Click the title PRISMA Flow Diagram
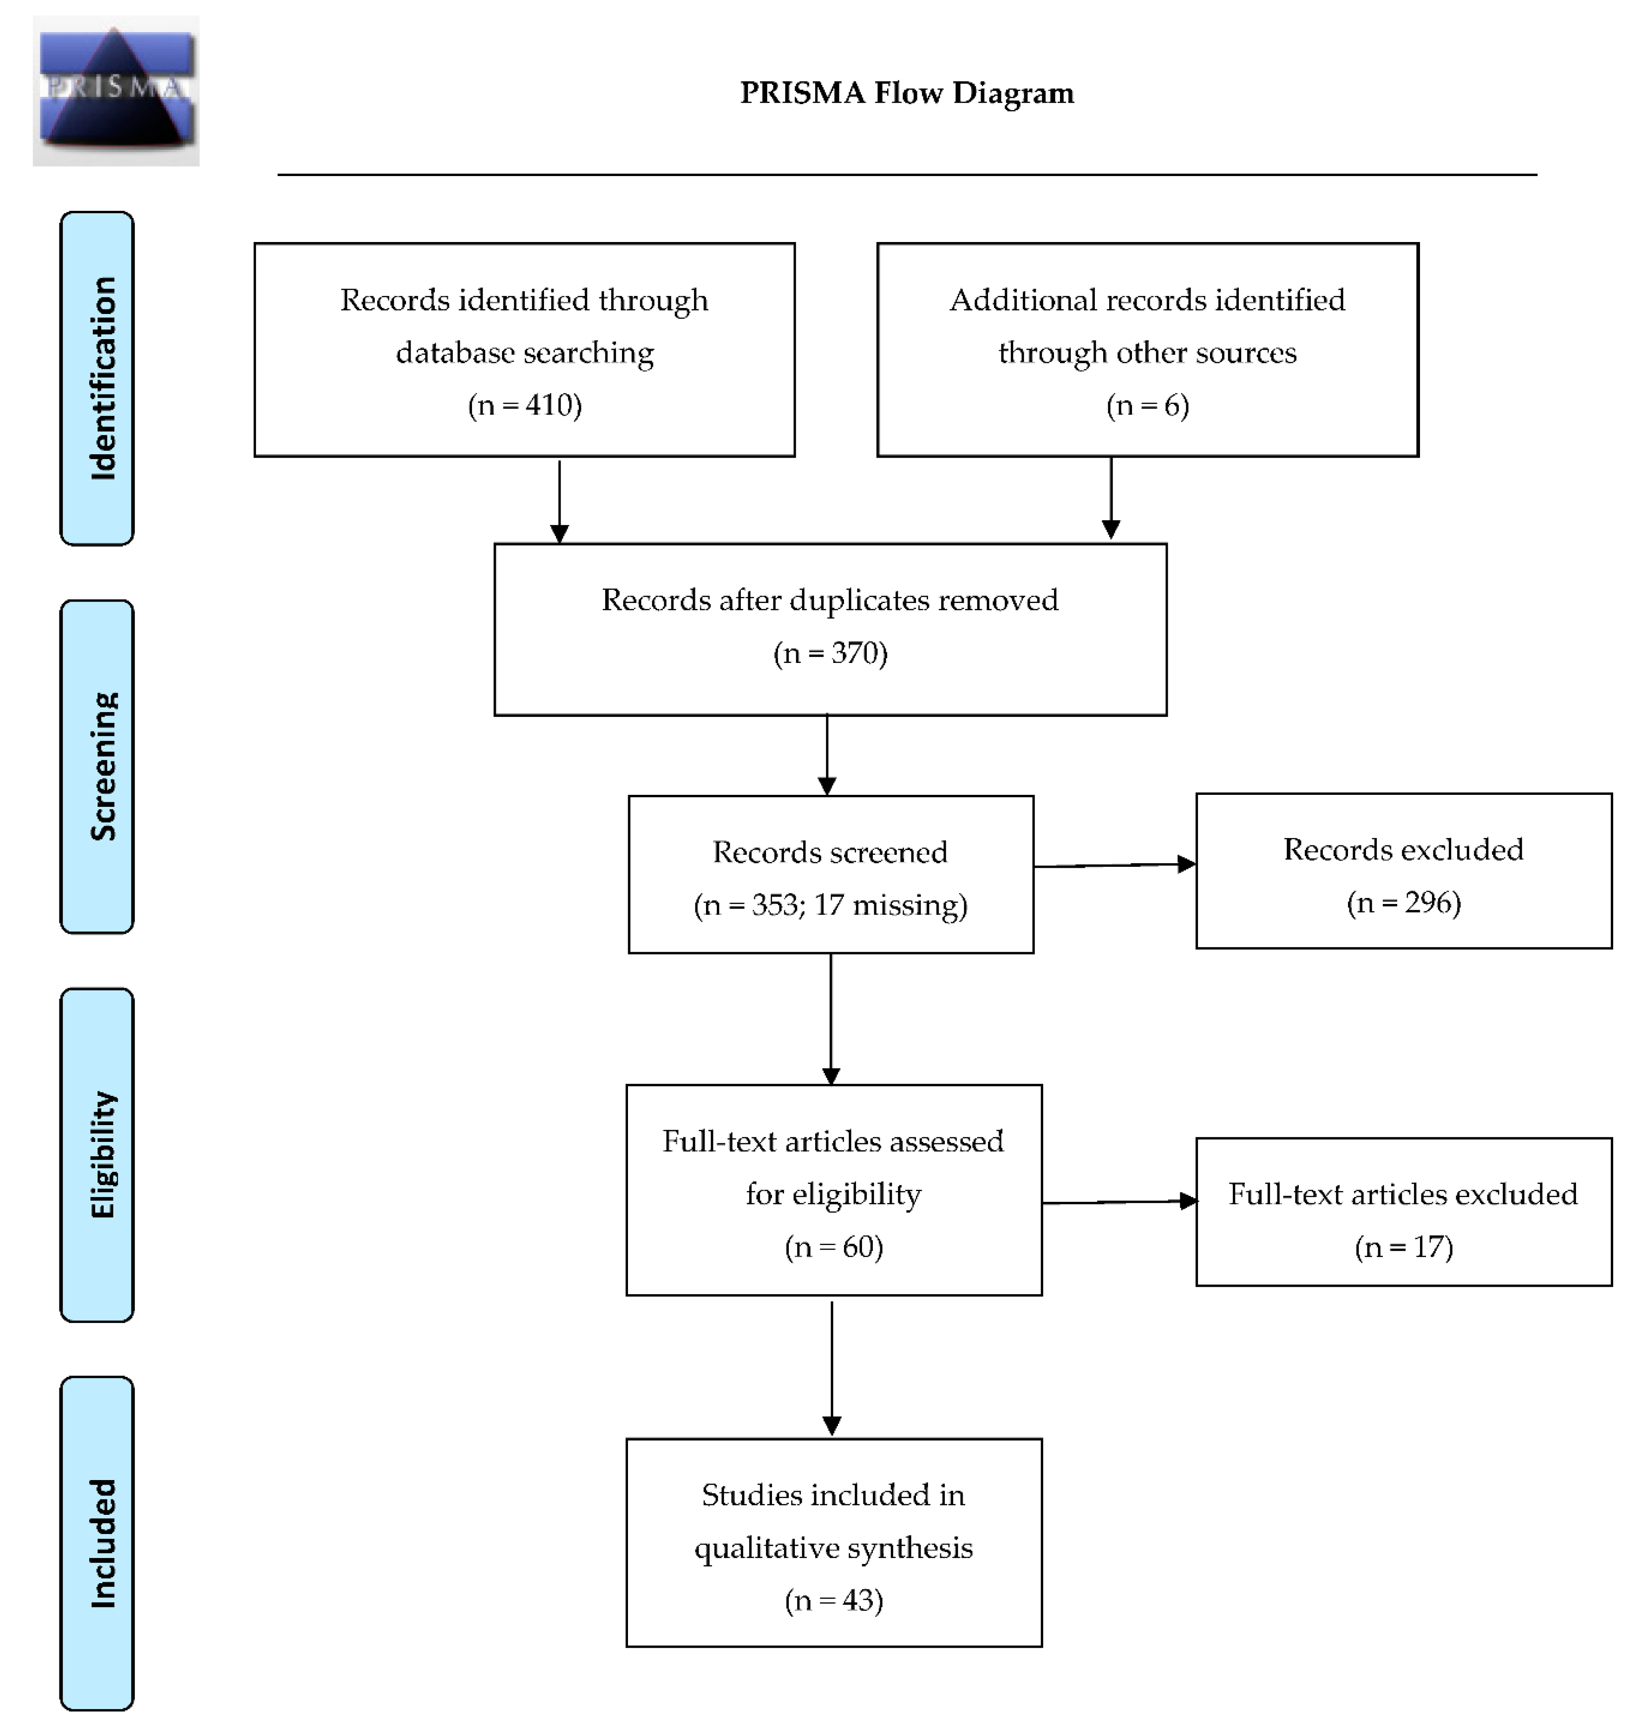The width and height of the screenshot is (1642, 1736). click(907, 93)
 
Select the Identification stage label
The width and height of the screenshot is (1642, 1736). click(97, 378)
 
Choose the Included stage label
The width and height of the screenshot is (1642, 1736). click(97, 1543)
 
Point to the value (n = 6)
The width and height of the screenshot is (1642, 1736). click(1147, 406)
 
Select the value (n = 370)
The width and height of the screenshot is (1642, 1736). click(831, 653)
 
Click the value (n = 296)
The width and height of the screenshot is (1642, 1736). click(1404, 903)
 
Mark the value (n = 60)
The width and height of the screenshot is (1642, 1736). click(834, 1247)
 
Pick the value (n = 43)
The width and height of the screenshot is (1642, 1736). click(834, 1600)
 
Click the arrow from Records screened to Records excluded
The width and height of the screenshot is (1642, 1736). click(1115, 865)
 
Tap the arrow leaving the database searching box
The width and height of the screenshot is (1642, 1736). click(559, 500)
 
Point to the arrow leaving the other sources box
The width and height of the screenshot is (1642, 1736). click(1111, 498)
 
